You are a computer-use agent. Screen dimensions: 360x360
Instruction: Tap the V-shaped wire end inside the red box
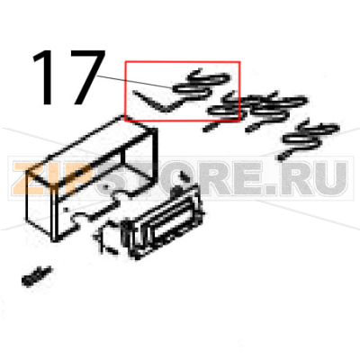pos(149,102)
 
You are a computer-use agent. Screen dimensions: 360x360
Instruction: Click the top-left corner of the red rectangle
pos(125,62)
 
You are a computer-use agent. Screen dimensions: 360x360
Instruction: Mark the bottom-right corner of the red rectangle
pos(240,121)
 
